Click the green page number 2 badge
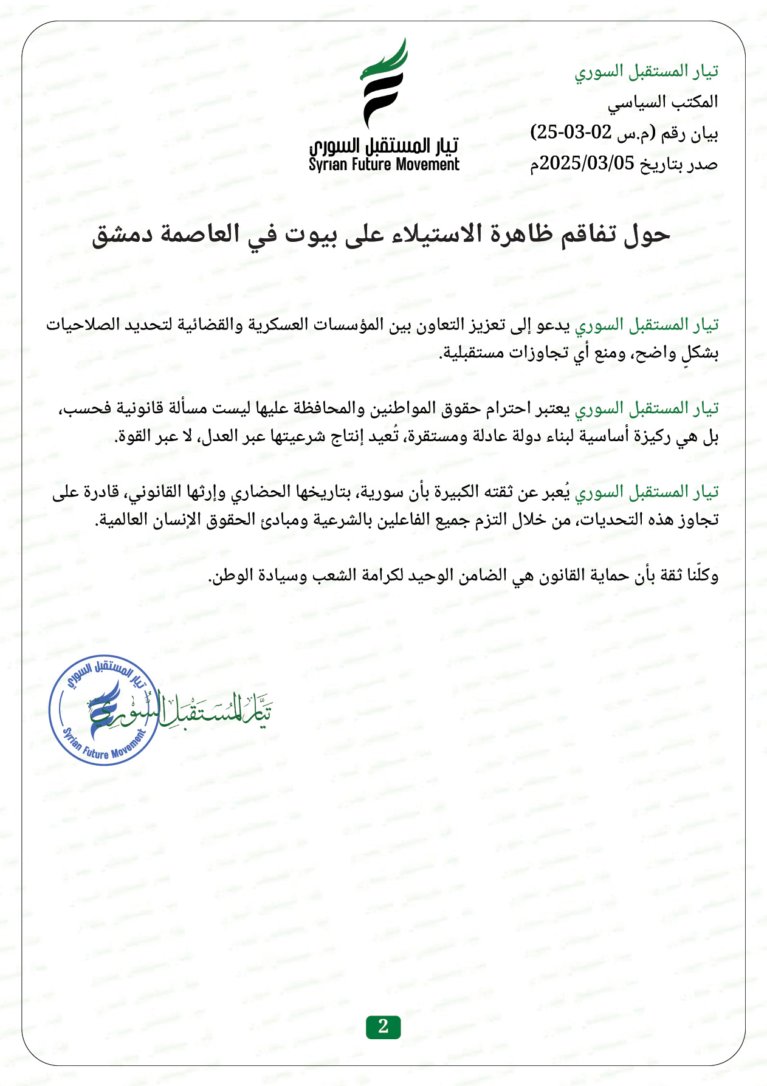click(x=383, y=1026)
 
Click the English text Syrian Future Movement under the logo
click(x=384, y=165)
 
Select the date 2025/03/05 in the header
click(x=587, y=163)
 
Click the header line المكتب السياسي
click(x=662, y=102)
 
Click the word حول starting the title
click(x=648, y=235)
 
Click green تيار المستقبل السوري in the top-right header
click(x=647, y=72)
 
